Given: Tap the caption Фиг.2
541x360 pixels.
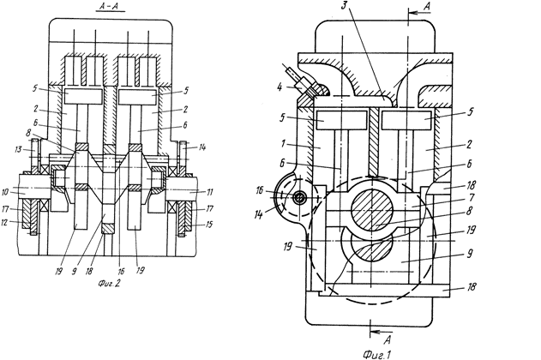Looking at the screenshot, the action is pos(109,284).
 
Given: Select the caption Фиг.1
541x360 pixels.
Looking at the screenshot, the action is pos(376,355).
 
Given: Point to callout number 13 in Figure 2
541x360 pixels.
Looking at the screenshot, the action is pos(18,149).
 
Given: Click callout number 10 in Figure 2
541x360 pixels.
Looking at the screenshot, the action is pos(5,192).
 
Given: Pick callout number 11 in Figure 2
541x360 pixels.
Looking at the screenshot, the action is pos(209,192).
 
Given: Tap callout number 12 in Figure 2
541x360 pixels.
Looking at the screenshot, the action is pos(4,223).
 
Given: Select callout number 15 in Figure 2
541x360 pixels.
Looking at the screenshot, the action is pos(208,224).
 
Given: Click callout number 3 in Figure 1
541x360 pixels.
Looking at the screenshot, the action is pos(344,6).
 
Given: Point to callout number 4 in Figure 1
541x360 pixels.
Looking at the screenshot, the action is pos(280,87).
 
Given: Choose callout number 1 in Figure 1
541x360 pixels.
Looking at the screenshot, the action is pos(283,143).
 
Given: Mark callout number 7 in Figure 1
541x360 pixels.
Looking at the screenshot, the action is pos(472,197).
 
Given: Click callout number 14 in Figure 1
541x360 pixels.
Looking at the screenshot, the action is pos(258,214).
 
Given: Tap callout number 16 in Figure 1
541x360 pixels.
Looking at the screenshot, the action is pos(260,190).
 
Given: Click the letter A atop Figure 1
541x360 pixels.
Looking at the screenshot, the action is pos(427,6).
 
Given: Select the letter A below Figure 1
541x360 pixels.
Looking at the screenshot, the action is pos(388,339).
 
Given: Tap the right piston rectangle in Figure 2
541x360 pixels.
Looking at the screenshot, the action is pos(138,97).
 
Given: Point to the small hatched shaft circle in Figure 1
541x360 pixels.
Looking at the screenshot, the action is pos(298,198).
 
